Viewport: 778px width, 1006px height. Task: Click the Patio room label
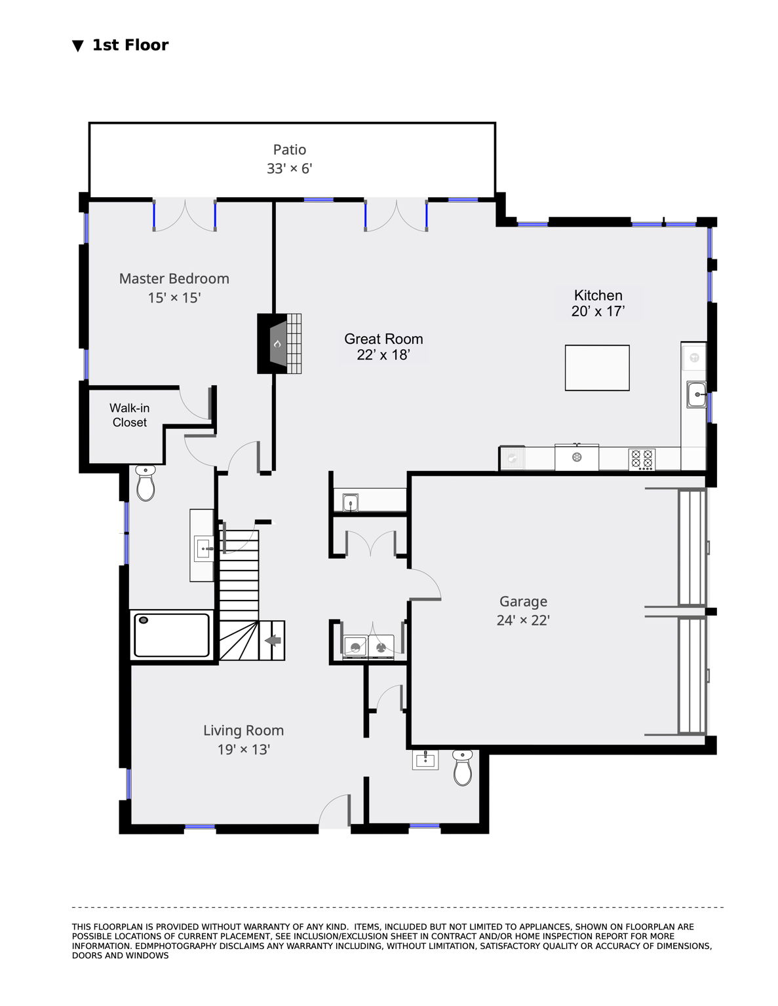tap(290, 150)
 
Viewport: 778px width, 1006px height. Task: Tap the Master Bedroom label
tap(174, 279)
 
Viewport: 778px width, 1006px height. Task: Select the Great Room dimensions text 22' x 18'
tap(383, 354)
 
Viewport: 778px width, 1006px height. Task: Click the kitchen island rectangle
tap(597, 367)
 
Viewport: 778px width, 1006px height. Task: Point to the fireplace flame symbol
tap(277, 343)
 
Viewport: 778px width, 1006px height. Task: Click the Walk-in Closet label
tap(129, 415)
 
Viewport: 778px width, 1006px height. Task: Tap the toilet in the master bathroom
tap(146, 483)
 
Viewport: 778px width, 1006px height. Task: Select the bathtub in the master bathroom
tap(172, 635)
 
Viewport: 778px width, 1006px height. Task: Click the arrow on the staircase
tap(273, 641)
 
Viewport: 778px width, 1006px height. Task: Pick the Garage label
tap(523, 601)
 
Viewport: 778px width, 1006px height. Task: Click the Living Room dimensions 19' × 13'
tap(244, 749)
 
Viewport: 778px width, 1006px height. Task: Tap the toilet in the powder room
tap(462, 768)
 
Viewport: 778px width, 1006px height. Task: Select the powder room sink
tap(425, 760)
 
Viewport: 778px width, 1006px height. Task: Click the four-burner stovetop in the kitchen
tap(642, 458)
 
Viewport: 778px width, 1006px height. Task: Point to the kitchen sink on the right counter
tap(696, 394)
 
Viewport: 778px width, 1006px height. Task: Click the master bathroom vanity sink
tap(203, 549)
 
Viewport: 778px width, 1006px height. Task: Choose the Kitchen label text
tap(598, 295)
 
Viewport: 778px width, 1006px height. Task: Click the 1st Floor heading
tap(130, 45)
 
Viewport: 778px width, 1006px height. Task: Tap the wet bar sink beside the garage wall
tap(351, 502)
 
